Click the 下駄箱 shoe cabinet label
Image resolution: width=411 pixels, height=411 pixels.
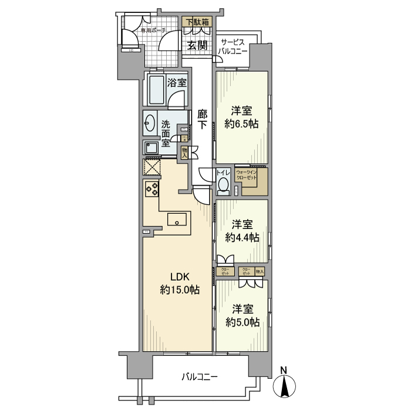(x=197, y=23)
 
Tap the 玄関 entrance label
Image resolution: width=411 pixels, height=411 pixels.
(x=197, y=46)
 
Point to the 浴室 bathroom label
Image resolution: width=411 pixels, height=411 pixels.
(x=177, y=83)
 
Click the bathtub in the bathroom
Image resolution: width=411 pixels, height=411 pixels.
(x=156, y=90)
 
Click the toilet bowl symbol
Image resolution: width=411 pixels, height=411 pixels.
(x=223, y=186)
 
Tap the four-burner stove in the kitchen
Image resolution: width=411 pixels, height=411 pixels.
(x=151, y=188)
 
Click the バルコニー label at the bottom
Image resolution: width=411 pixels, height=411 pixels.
(x=200, y=376)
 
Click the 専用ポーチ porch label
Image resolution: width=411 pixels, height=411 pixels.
(x=152, y=30)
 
